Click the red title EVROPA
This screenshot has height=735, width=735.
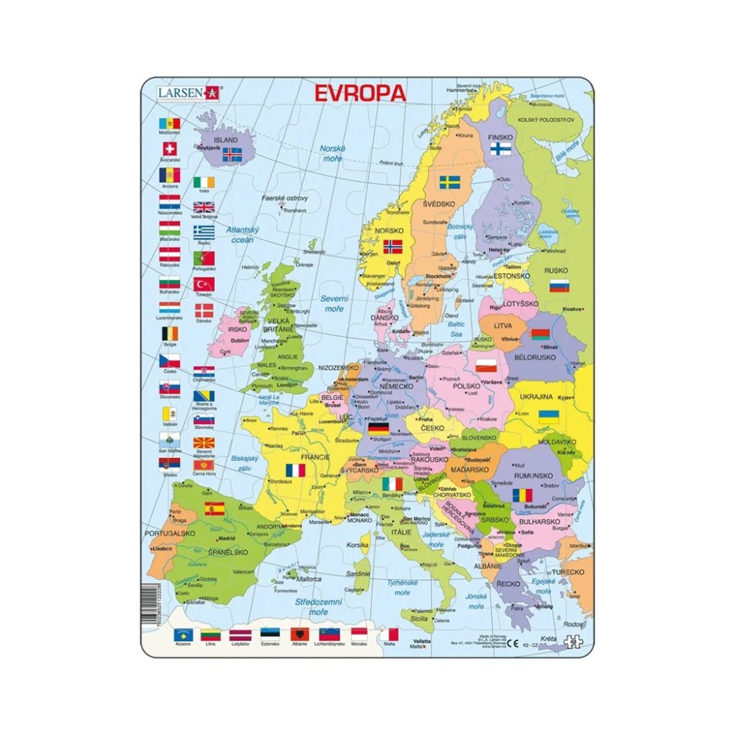point(359,93)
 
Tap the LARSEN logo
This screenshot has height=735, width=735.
point(187,92)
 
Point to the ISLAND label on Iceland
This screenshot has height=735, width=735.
point(225,140)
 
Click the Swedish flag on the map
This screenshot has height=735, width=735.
point(451,182)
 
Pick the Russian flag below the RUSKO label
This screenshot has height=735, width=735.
point(559,285)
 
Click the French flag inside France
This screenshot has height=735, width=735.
point(295,470)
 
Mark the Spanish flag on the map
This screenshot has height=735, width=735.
point(215,508)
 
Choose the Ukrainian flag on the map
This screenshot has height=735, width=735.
point(548,416)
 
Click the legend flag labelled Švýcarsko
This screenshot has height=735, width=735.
point(169,149)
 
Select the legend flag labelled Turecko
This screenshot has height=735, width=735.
point(204,284)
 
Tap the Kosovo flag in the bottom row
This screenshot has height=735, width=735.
point(183,634)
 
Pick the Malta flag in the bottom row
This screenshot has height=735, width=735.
point(389,634)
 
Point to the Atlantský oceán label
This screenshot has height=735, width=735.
point(240,234)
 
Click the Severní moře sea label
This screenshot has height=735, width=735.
point(333,303)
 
